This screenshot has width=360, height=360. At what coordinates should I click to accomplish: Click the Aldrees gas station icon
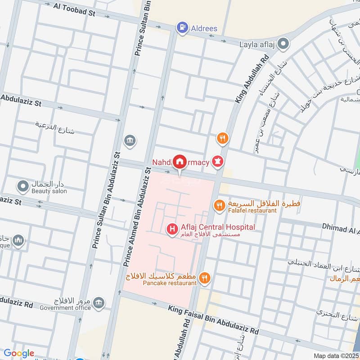182,28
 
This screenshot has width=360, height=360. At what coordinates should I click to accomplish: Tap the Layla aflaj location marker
283,44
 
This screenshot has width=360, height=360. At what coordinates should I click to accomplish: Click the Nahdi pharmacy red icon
218,161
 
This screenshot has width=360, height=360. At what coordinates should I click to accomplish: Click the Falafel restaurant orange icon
219,206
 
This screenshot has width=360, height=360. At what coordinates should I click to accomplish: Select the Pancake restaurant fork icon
205,278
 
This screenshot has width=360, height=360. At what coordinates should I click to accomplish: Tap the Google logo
19,353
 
